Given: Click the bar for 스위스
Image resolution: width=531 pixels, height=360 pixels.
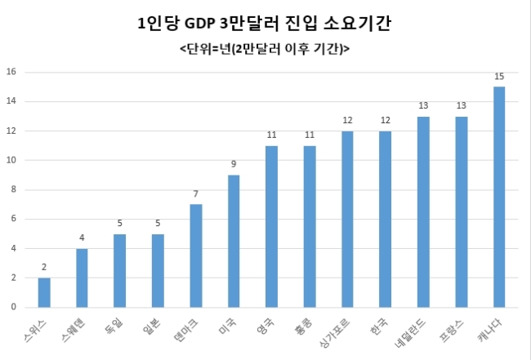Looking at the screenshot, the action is point(44,293).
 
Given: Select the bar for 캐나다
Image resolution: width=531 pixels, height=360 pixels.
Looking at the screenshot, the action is point(499,198).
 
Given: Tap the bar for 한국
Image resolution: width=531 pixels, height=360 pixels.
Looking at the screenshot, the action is point(386,220).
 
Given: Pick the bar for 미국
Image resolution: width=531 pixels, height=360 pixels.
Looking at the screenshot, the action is point(234,242).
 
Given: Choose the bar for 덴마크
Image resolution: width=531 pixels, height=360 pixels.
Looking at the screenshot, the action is point(196,256).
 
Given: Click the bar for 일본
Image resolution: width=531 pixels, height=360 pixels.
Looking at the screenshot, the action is point(158,271).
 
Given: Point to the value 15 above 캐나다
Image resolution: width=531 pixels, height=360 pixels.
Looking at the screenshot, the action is point(499,77).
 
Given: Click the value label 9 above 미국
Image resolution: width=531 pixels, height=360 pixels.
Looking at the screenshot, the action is point(234,164).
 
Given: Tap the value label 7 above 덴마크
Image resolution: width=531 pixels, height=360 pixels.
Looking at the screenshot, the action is point(196,193).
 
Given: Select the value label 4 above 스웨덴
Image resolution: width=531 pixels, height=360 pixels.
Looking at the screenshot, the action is point(82,238).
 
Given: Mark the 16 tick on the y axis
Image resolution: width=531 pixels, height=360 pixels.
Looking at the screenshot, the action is point(11,72).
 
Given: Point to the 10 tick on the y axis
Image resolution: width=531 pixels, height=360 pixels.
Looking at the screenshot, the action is point(11,160).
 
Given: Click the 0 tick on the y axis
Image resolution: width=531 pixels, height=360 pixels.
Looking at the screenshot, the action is point(14,307).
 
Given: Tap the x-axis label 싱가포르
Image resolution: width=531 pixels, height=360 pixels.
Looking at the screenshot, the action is point(335,334).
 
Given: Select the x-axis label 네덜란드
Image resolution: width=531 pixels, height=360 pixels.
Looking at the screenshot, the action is point(410,334).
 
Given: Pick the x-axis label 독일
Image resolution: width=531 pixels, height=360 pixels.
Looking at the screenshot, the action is point(114,327).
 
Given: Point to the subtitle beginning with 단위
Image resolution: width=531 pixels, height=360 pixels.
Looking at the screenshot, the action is point(265,49).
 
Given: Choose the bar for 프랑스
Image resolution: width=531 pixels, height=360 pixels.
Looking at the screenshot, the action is point(462,212).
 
